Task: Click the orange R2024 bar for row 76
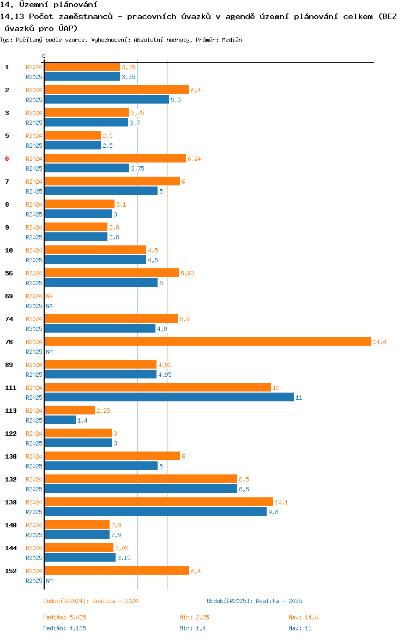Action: (207, 341)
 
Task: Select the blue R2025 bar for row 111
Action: (169, 398)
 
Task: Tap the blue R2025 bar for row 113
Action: (60, 420)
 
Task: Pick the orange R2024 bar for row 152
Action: (117, 570)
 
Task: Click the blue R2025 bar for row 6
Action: (87, 168)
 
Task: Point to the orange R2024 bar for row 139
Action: (159, 502)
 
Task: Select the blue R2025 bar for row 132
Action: (141, 489)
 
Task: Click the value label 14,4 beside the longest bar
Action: (380, 342)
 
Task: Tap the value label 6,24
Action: (194, 159)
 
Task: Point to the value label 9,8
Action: (273, 512)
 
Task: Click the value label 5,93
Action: (187, 273)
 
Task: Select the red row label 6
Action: (7, 159)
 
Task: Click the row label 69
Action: (9, 296)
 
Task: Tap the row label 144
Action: (10, 548)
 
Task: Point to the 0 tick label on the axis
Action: (44, 56)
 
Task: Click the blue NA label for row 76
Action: (49, 352)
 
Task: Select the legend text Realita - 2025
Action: (279, 601)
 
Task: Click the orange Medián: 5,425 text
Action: (65, 617)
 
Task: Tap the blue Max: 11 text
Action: (300, 628)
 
